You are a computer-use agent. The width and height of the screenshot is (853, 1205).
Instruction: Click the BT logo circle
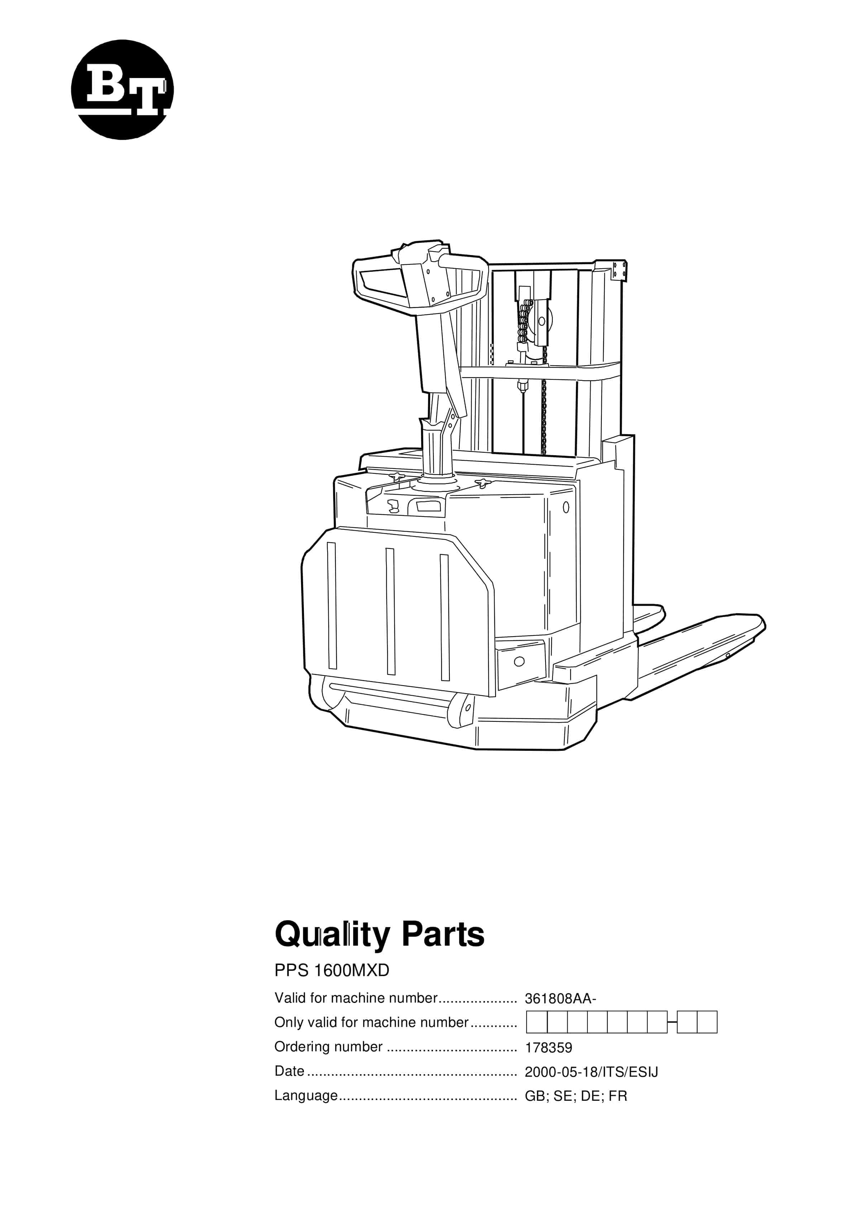[122, 90]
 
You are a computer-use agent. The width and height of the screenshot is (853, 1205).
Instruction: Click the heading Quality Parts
[379, 935]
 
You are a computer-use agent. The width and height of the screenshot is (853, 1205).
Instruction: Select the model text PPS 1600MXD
[332, 970]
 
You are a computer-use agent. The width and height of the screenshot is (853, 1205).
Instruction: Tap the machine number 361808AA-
[561, 999]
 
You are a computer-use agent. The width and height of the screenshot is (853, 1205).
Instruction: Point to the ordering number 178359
[548, 1047]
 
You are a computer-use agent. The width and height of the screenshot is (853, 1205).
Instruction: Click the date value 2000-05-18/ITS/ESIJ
[591, 1072]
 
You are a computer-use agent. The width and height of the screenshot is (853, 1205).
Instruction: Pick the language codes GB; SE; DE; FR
[576, 1096]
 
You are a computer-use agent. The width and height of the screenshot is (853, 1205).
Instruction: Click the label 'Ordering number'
[328, 1047]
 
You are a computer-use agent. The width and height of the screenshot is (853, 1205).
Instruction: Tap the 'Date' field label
[290, 1071]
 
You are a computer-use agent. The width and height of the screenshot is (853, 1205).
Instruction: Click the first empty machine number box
[537, 1022]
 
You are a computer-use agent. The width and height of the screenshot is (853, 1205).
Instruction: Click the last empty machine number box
[707, 1022]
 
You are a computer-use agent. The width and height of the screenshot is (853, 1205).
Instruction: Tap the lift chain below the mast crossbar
[544, 417]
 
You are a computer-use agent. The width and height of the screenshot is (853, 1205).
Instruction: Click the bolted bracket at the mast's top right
[619, 271]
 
